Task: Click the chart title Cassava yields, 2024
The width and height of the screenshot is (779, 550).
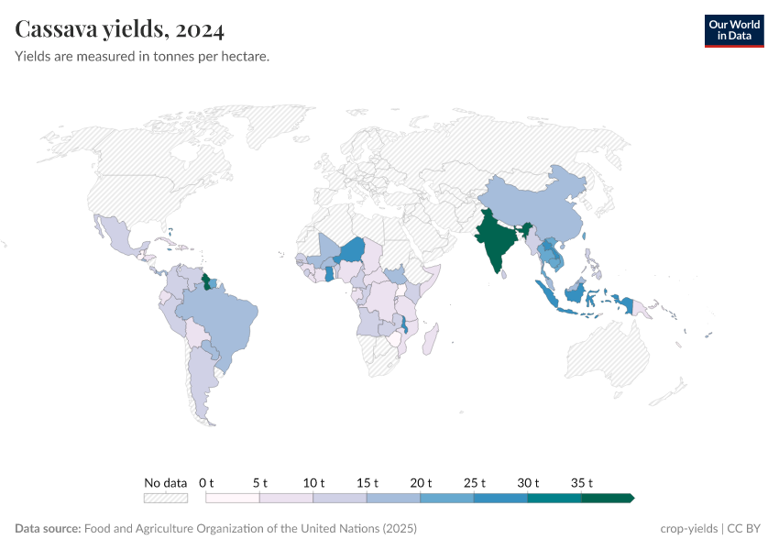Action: [x=120, y=30]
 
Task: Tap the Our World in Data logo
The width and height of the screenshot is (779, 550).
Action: [x=733, y=30]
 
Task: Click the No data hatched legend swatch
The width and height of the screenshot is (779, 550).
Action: [x=165, y=498]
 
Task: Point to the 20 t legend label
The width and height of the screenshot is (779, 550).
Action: [x=421, y=482]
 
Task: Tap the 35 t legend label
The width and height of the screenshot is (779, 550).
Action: [x=582, y=482]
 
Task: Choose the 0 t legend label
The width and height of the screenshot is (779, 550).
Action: [x=206, y=482]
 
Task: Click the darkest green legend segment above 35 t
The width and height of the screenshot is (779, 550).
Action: [x=607, y=498]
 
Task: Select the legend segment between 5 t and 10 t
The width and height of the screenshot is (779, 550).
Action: [x=286, y=498]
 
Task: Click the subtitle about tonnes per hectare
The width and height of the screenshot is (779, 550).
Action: [x=142, y=57]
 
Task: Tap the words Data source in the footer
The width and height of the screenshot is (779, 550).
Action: [x=47, y=529]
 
